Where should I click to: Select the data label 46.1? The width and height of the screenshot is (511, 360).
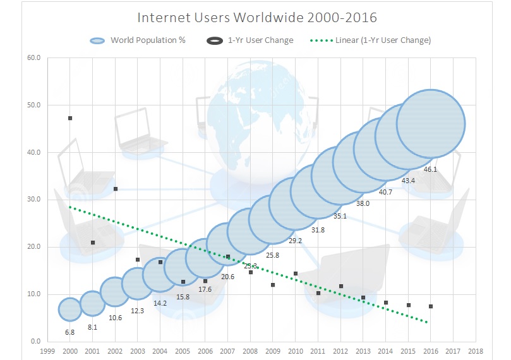click(x=429, y=169)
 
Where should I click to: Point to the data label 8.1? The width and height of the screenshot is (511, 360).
click(x=93, y=327)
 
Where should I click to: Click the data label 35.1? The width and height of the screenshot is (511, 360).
click(x=340, y=216)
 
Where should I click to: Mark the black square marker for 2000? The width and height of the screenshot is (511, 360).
click(x=70, y=118)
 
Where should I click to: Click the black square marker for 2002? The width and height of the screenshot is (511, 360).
click(x=116, y=189)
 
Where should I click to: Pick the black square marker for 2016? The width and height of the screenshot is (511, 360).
click(x=431, y=306)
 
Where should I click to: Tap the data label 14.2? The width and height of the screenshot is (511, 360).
click(x=160, y=303)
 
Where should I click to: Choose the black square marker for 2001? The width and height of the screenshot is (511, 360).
click(x=93, y=243)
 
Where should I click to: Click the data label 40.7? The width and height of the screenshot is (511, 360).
click(x=385, y=192)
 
